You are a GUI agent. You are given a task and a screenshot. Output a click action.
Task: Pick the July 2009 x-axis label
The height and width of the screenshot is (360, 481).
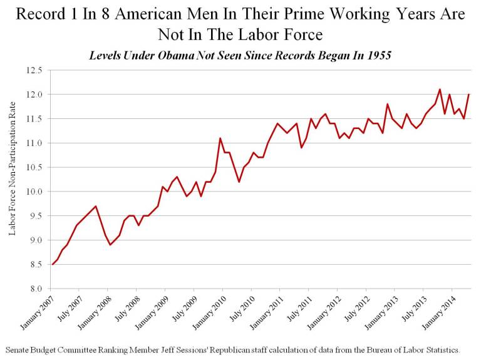pyautogui.click(x=184, y=308)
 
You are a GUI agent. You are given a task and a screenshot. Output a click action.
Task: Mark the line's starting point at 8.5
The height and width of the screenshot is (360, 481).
pyautogui.click(x=53, y=264)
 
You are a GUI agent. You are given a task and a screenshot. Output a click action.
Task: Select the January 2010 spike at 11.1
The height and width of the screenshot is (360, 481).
pyautogui.click(x=220, y=138)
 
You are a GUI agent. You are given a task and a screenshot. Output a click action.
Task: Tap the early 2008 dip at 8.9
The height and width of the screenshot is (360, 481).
pyautogui.click(x=110, y=245)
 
